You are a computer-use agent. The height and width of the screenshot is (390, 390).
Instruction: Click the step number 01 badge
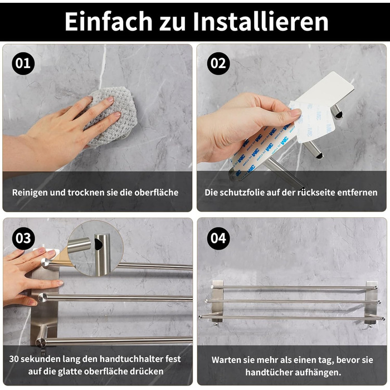[x=23, y=64]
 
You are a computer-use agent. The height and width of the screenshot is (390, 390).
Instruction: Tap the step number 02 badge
[x=218, y=64]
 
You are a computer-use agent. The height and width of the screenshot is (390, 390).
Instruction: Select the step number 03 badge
[x=23, y=238]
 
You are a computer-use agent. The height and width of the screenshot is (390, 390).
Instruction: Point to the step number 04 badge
[x=218, y=238]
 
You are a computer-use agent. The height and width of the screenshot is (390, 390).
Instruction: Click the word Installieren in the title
[x=260, y=22]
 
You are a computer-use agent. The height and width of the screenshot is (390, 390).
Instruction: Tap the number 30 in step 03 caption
[x=14, y=359]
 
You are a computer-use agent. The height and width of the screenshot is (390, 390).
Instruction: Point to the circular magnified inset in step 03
[x=95, y=248]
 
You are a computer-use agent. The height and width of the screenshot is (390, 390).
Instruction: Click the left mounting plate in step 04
[x=218, y=301]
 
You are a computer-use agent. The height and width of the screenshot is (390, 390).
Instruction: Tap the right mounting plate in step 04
[x=372, y=302]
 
